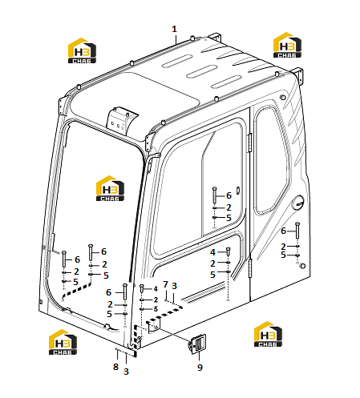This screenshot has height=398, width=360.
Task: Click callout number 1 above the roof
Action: pos(174,29)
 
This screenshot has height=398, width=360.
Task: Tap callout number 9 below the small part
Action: pos(200,368)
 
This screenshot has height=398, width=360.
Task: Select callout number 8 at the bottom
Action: pos(115,367)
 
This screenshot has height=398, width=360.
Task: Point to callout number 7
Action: pos(165,284)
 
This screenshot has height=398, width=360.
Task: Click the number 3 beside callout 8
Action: pos(126,372)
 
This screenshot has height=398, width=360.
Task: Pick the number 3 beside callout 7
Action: pos(174,286)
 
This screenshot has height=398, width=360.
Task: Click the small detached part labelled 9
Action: pos(197,344)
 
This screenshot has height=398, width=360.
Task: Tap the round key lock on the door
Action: pos(297,203)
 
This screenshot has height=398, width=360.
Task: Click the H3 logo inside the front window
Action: pos(110,188)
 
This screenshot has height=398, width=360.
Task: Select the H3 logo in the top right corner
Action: pos(287,45)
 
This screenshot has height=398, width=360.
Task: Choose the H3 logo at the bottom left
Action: pos(63,342)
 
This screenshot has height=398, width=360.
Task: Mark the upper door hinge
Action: pos(250,143)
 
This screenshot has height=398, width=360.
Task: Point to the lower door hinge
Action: pos(250,267)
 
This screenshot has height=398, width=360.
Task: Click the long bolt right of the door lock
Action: pos(297,230)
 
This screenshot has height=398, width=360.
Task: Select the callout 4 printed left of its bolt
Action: pos(212,252)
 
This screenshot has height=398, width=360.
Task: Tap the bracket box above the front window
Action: pos(122,121)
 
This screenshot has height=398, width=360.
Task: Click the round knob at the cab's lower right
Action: pos(303,266)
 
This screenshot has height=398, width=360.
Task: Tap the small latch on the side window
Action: pos(238,190)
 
